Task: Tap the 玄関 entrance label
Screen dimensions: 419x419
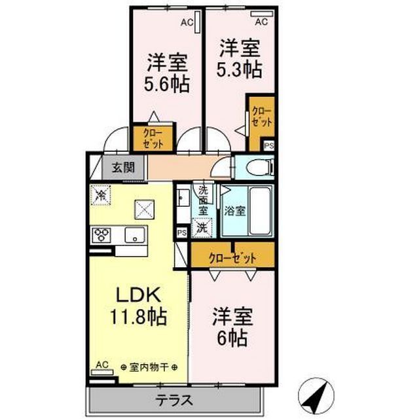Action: (123, 168)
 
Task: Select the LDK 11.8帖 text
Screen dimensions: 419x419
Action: (138, 306)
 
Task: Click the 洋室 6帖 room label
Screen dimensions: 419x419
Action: (232, 327)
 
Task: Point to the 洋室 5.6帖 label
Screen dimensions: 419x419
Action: (167, 73)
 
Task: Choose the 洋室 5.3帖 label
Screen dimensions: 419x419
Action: (240, 58)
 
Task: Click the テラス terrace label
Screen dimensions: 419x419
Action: (174, 400)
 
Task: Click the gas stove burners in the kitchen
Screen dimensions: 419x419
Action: (101, 235)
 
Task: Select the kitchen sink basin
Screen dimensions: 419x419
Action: (136, 235)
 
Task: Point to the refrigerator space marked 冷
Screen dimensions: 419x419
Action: (101, 195)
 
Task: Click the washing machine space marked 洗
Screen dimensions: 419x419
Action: (202, 228)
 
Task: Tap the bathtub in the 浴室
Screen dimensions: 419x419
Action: (259, 211)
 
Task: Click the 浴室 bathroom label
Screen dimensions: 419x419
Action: (234, 211)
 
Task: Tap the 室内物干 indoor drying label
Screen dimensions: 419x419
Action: (149, 367)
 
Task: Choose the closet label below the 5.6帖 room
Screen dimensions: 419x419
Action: (153, 138)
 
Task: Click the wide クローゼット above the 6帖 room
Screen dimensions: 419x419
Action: (232, 257)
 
